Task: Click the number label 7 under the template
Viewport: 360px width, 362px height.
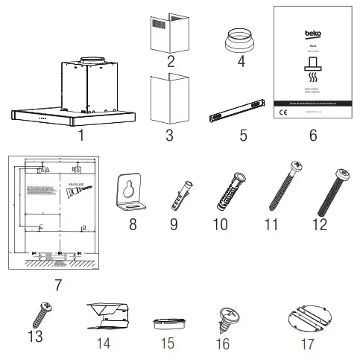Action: (57, 285)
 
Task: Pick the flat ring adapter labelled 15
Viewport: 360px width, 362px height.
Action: (168, 325)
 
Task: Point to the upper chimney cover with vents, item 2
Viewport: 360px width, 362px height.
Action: (169, 31)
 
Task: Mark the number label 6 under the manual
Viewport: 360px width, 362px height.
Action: (312, 136)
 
